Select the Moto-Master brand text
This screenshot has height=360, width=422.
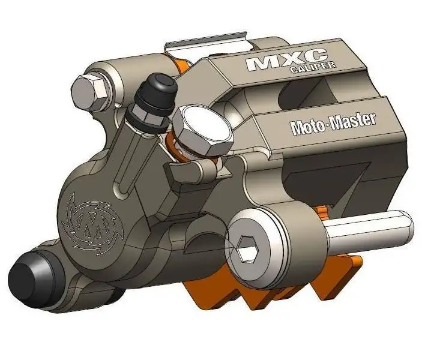(333, 124)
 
